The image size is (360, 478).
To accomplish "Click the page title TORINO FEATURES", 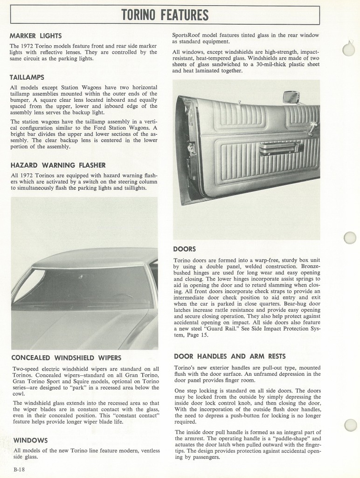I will coord(165,15).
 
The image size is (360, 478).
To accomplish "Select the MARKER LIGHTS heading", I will coord(35,36).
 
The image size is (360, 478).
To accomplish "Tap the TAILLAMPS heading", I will coord(27,77).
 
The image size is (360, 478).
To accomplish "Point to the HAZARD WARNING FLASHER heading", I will coord(58,165).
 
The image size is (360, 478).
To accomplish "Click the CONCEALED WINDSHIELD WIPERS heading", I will coord(66,358).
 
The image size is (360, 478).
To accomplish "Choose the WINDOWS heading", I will coord(31,440).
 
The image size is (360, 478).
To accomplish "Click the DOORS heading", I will coord(184,249).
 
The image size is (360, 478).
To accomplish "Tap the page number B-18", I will coord(19,469).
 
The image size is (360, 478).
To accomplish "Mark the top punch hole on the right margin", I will coord(348,49).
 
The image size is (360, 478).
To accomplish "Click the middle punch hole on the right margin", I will coord(350,238).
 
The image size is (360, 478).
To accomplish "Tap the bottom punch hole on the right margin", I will coord(350,425).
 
